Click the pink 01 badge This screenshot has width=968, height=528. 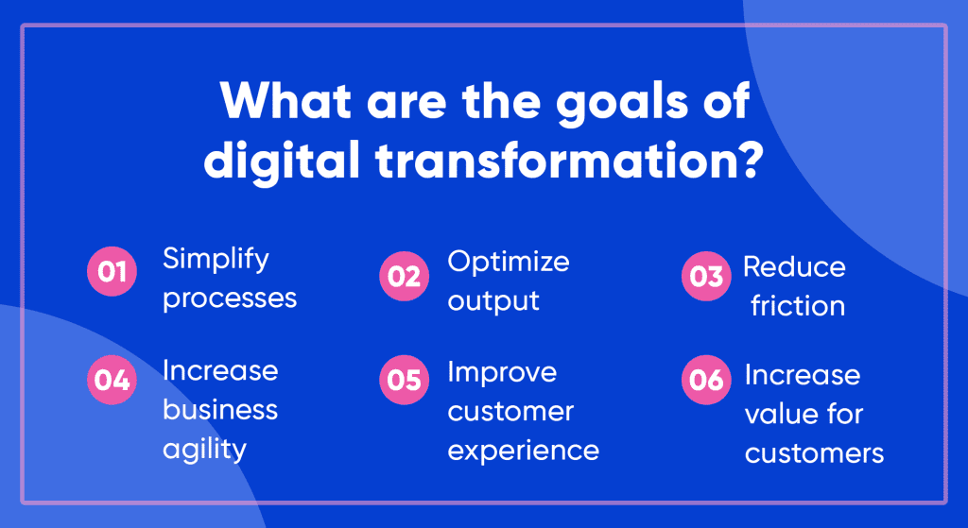112,274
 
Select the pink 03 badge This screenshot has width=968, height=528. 706,277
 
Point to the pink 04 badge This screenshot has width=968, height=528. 112,380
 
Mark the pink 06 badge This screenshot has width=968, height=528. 706,380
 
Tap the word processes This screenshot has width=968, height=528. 230,299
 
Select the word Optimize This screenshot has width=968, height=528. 509,261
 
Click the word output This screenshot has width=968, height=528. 493,301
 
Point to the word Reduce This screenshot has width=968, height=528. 794,266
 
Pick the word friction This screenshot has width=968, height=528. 798,306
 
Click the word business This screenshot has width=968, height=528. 220,410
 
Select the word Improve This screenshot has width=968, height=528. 502,371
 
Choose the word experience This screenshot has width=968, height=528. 523,451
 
